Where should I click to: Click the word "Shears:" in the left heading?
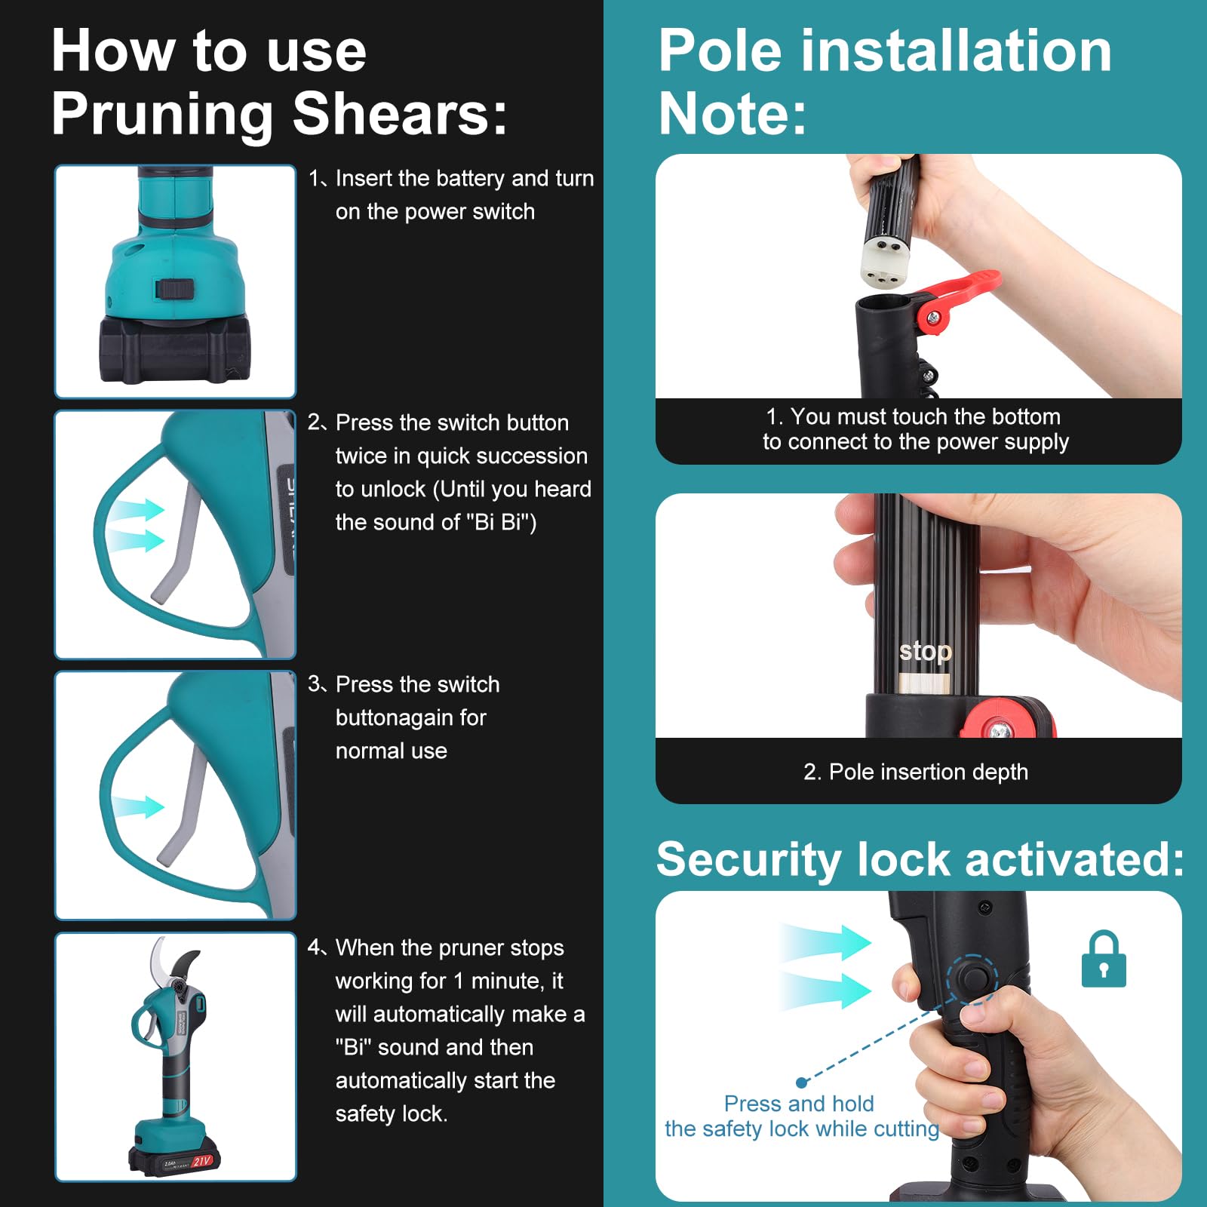400,115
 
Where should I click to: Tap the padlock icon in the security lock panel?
1104,960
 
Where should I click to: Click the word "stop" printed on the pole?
926,651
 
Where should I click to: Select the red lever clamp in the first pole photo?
953,299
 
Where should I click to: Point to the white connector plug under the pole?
884,261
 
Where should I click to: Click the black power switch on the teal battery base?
175,288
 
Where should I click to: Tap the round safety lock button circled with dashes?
974,978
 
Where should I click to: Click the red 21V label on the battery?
202,1161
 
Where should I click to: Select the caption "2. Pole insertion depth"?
916,772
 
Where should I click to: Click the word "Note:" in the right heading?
732,114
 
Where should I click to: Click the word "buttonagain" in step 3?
411,717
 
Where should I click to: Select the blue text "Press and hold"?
799,1104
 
